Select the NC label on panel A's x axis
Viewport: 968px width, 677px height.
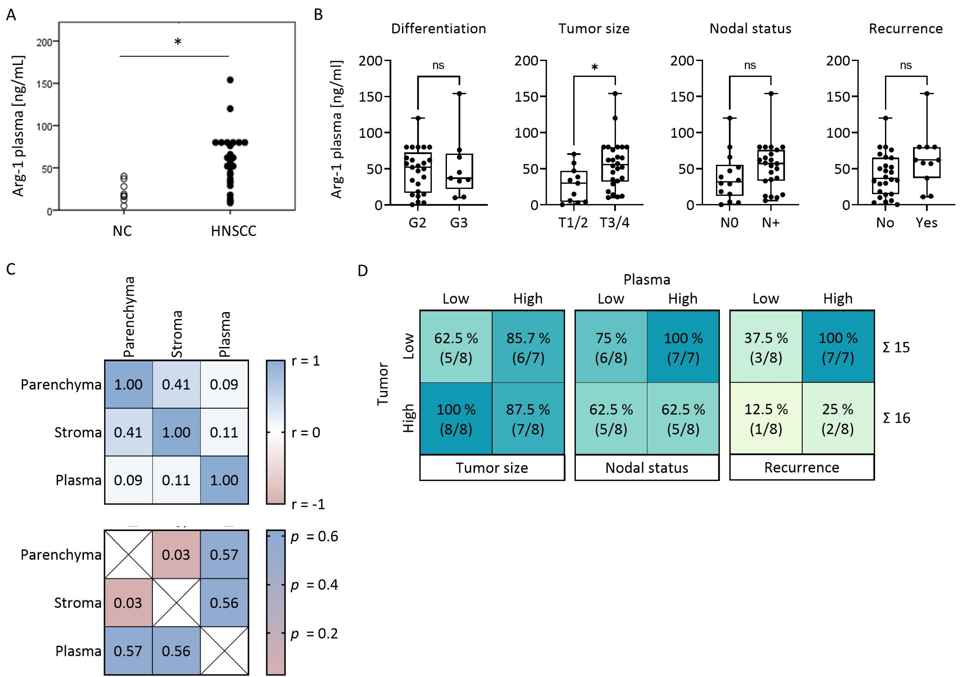pos(122,231)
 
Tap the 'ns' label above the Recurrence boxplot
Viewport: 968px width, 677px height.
pos(906,65)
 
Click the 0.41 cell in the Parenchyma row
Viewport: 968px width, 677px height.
pos(176,384)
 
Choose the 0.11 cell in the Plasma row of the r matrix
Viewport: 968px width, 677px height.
pos(176,480)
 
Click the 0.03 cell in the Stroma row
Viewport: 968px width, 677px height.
pos(128,603)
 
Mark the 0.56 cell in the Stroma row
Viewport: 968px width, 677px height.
pos(224,603)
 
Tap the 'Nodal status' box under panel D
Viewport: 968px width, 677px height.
pos(647,468)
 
